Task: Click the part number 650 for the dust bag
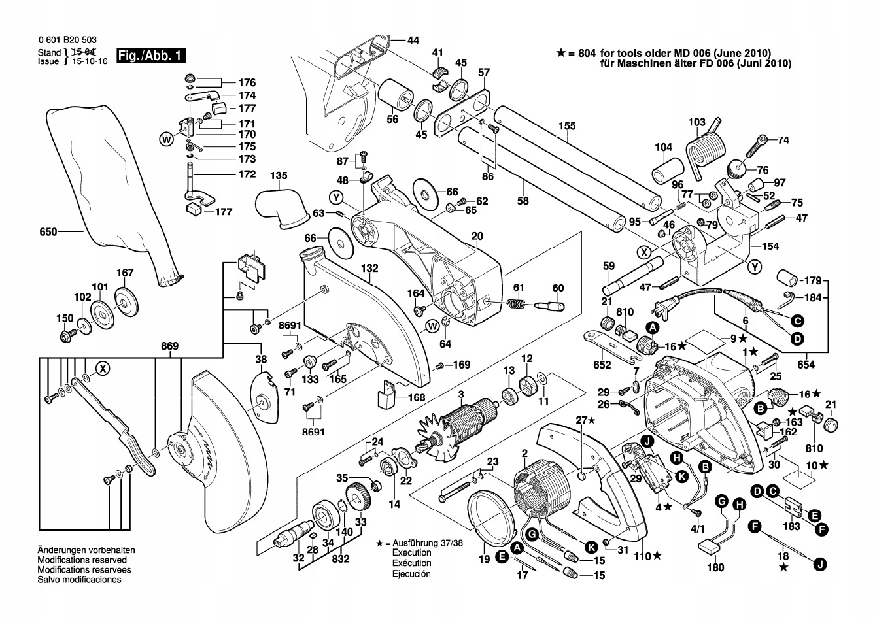[48, 231]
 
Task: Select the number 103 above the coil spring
[697, 122]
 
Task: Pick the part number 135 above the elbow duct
[279, 176]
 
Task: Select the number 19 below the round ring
[484, 560]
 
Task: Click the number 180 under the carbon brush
[716, 567]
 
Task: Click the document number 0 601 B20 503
[63, 41]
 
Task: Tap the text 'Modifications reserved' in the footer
[82, 560]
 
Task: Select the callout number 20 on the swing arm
[477, 235]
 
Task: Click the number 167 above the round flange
[125, 273]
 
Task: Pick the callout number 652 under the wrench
[602, 365]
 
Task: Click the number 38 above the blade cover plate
[261, 359]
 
